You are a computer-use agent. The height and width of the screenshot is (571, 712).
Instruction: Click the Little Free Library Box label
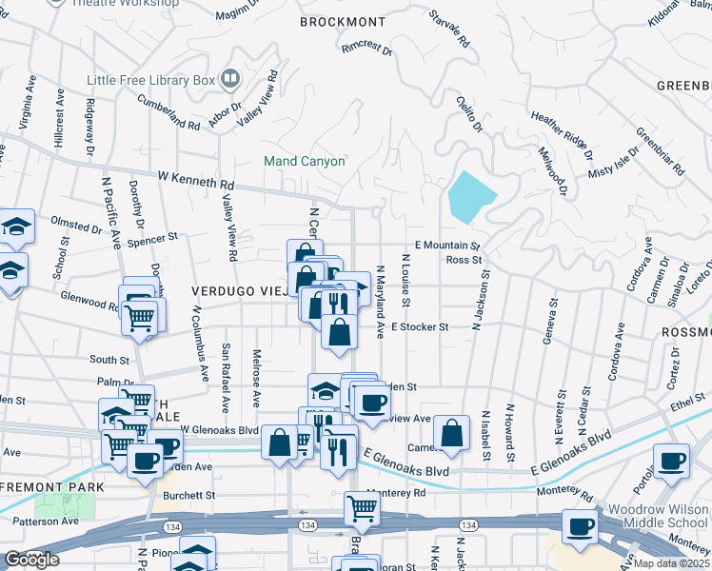(150, 80)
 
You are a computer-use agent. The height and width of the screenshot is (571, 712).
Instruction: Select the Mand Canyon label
(304, 162)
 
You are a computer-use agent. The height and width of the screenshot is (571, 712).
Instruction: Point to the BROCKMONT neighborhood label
(343, 22)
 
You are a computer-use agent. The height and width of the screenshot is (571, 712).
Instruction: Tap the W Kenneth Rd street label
(195, 179)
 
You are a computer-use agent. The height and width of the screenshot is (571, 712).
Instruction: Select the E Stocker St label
(420, 326)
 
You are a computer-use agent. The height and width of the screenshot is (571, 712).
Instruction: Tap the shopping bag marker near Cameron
(452, 432)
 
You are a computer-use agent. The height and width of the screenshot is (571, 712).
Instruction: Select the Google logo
(31, 560)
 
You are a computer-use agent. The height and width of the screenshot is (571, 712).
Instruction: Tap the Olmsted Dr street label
(75, 228)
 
